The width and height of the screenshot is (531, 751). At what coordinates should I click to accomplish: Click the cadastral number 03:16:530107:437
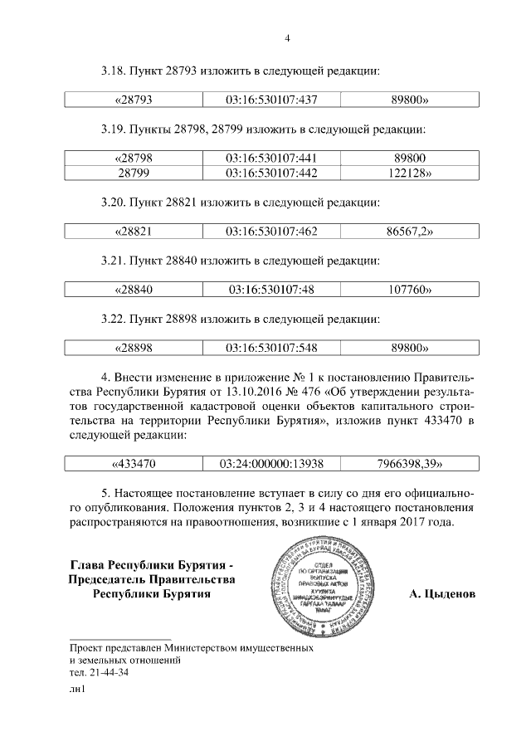click(x=271, y=100)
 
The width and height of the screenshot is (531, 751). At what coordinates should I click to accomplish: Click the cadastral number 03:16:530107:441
click(x=271, y=158)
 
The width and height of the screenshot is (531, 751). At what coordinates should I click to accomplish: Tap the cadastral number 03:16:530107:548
click(x=271, y=349)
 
